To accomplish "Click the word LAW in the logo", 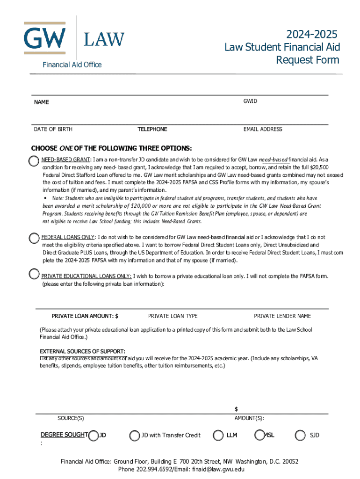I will coord(104,39).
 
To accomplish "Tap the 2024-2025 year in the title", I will coord(312,35).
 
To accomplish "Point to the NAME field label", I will coord(41,102).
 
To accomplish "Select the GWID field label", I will coord(250,101).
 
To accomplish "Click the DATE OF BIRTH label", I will coord(53,129).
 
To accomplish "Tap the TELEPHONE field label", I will coord(152,129).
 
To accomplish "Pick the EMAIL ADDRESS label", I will coord(263,129).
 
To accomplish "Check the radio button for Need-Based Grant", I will coord(34,161).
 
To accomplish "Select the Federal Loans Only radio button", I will coord(34,238).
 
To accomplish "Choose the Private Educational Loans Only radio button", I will coord(34,274).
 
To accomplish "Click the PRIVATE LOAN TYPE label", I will coord(173,316).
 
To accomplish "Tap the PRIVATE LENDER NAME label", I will coord(282,316).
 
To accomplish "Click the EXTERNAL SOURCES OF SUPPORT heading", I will coord(82,351).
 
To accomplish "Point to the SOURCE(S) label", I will coord(71,418).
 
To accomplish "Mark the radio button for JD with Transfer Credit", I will coord(135,435).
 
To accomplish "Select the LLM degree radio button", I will coord(218,435).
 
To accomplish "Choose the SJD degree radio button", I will coord(300,435).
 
